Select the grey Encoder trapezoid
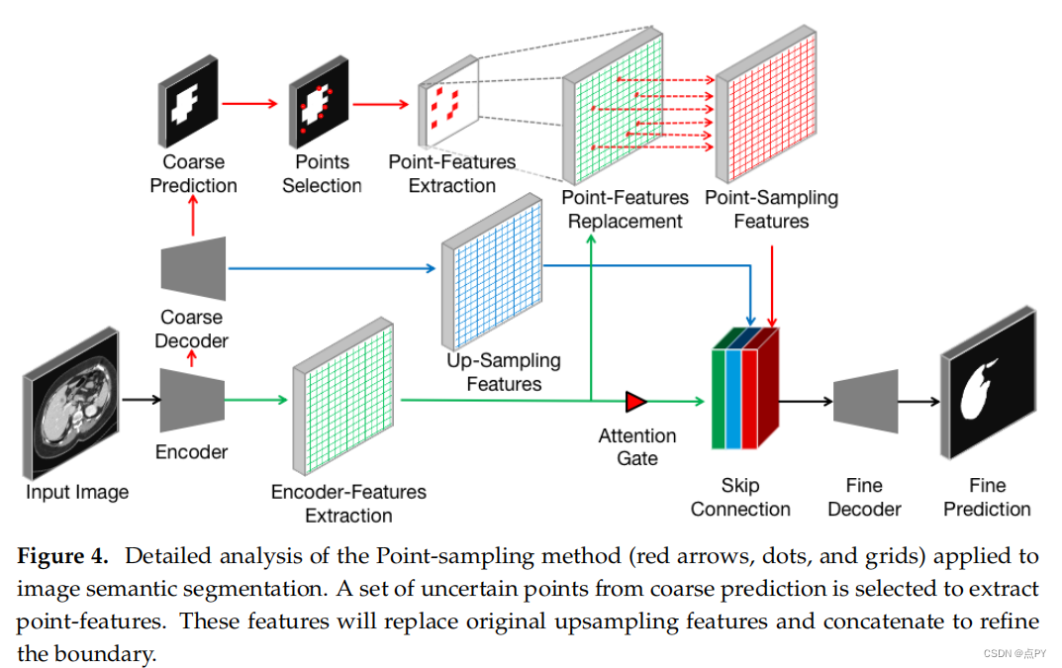[192, 400]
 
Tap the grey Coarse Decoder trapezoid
[193, 268]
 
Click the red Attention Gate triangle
[635, 401]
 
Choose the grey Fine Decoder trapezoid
[865, 400]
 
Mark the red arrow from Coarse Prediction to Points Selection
[251, 102]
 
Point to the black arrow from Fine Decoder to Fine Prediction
[919, 401]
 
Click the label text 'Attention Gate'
[636, 447]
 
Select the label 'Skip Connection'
[740, 497]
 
